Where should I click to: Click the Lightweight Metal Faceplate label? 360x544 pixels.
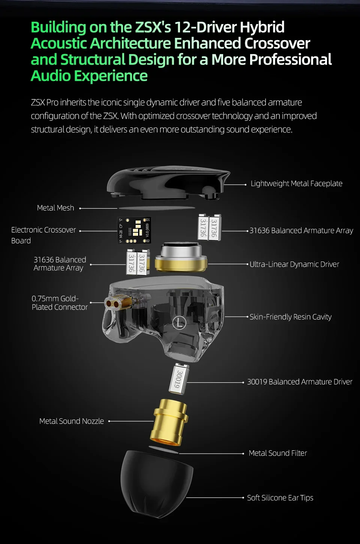coord(296,183)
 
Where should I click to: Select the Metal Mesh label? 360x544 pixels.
coord(55,208)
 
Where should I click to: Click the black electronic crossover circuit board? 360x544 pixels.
coord(134,230)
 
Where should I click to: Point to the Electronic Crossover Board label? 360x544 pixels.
coord(43,235)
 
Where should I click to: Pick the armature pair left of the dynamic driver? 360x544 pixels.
coord(136,262)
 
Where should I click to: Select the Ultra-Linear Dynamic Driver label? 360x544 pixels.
coord(294,264)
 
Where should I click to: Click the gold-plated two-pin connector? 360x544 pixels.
coord(115,303)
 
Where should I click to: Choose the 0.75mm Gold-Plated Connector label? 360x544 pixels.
coord(60,303)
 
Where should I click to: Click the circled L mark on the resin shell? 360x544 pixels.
coord(179,323)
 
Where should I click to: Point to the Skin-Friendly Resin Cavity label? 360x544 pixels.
coord(291,317)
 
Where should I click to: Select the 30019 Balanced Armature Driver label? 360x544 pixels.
coord(300,382)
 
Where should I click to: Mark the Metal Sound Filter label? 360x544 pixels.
coord(278,453)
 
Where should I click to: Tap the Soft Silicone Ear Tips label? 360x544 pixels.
coord(280,498)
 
